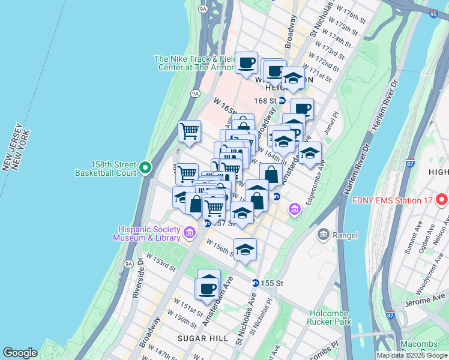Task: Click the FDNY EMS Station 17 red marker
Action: click(441, 200)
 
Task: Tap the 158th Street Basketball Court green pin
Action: click(146, 169)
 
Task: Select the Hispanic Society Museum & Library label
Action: click(149, 233)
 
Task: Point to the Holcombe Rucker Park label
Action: click(334, 317)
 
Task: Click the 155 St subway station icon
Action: click(256, 283)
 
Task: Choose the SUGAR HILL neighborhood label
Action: click(202, 338)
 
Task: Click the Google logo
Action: click(20, 353)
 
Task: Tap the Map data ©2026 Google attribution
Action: click(411, 355)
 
